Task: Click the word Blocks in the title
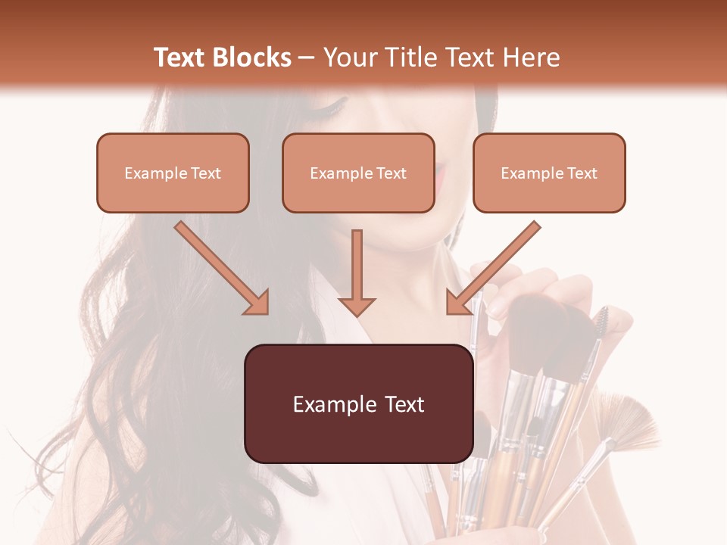tap(252, 58)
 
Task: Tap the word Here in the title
tap(529, 58)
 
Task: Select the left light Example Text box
tap(173, 173)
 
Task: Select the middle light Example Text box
tap(358, 173)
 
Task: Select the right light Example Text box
tap(549, 173)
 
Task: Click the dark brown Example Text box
tap(358, 403)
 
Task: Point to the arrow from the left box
tap(222, 269)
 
